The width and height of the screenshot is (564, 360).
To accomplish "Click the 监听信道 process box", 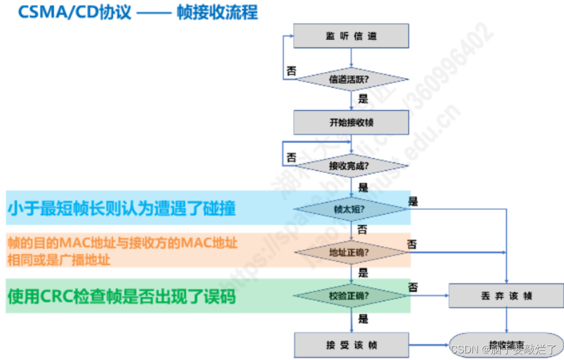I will click(x=351, y=36).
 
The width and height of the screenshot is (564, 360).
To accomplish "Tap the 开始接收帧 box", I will click(x=351, y=122).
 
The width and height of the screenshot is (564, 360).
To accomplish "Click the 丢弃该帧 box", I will click(x=506, y=296).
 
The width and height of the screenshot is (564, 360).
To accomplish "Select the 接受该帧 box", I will click(x=351, y=344).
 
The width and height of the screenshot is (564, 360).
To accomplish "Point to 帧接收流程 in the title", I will click(x=218, y=12).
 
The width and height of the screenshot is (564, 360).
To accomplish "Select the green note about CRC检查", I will click(x=122, y=297).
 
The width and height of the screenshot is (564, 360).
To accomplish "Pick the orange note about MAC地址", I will click(x=122, y=251).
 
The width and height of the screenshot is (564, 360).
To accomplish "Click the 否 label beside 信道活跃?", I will click(x=291, y=71).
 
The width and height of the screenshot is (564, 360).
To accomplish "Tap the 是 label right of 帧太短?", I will click(x=414, y=201).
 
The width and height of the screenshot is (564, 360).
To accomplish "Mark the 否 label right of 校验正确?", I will click(x=414, y=287).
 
